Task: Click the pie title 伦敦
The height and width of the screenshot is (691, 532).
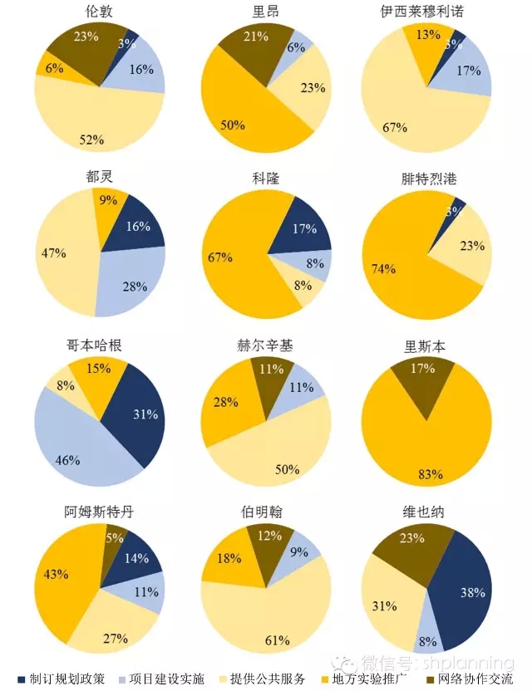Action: (100, 11)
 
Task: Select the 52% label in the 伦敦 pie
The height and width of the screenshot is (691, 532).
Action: (91, 140)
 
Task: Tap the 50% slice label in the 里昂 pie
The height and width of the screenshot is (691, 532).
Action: (233, 125)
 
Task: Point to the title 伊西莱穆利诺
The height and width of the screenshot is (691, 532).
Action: (428, 11)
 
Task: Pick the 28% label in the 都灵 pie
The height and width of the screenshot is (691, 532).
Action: (135, 287)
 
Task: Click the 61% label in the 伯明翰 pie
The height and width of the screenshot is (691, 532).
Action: (277, 640)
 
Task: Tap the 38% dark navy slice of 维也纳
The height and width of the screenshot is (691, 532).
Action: (465, 591)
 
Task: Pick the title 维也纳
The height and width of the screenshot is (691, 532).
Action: (427, 512)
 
